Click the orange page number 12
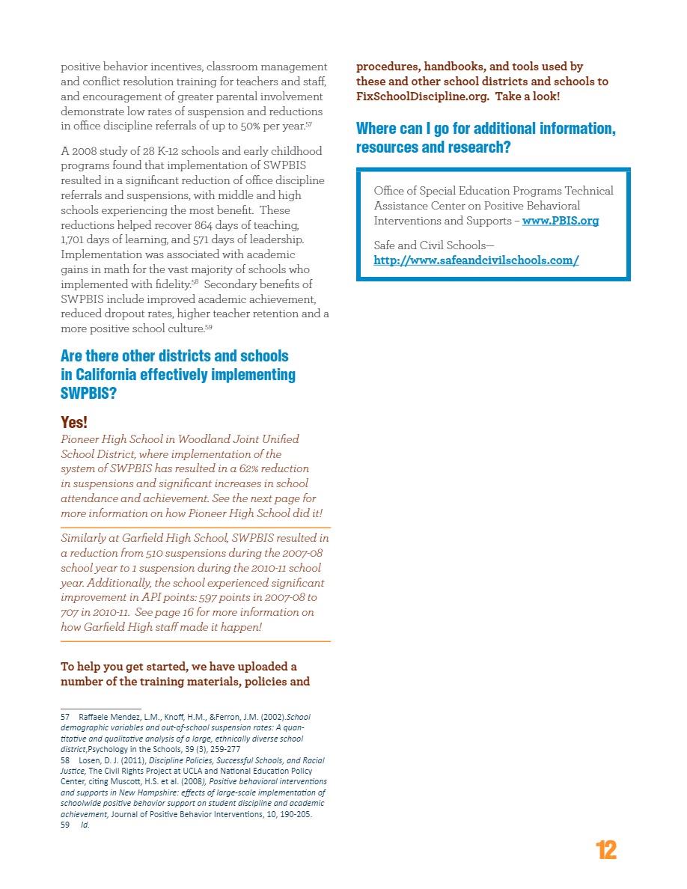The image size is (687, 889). click(x=606, y=850)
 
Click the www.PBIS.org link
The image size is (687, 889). click(x=560, y=221)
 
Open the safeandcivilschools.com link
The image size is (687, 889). click(x=476, y=260)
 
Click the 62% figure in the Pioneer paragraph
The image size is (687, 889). click(x=249, y=468)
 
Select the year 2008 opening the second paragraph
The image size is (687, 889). click(x=85, y=151)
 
